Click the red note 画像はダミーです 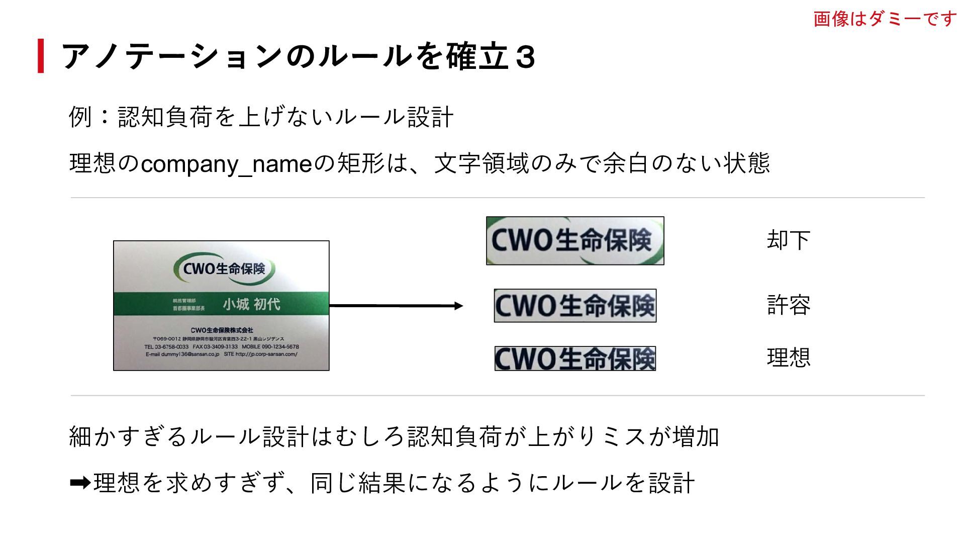[885, 19]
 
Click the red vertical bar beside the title [41, 56]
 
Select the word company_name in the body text [227, 164]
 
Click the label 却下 [788, 240]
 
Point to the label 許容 [788, 305]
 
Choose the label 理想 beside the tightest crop [788, 357]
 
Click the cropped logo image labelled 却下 [575, 241]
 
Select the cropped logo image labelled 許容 [575, 306]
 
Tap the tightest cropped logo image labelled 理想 [575, 358]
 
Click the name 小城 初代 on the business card [251, 304]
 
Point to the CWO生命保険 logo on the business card [224, 269]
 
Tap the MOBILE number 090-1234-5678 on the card [280, 346]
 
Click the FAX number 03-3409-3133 [221, 346]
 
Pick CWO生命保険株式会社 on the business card [222, 330]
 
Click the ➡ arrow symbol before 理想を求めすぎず [80, 483]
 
